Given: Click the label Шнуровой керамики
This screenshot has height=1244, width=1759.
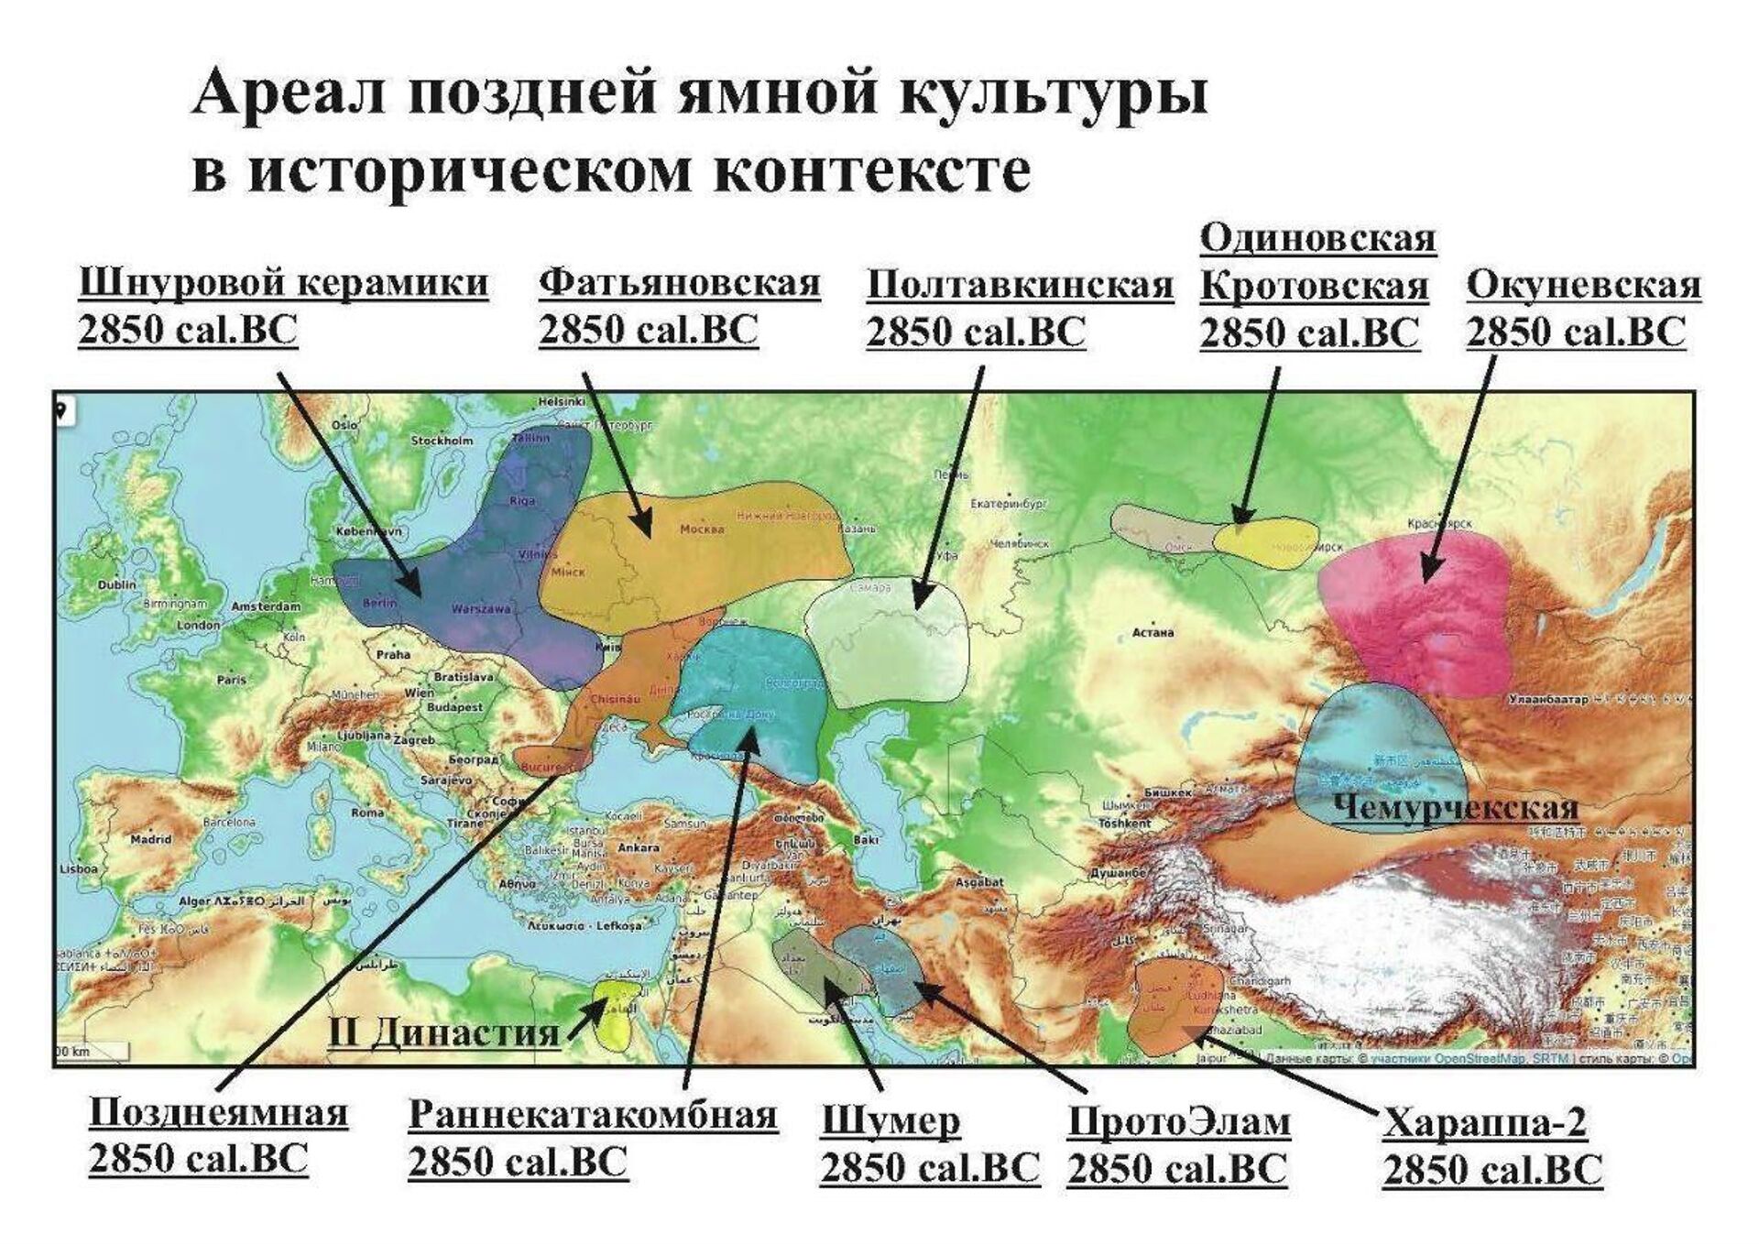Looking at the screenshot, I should click(283, 283).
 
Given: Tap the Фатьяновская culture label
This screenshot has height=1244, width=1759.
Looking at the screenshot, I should click(679, 283).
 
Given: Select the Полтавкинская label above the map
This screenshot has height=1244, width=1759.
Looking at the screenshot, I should click(1020, 286).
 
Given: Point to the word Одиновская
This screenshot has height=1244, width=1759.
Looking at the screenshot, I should click(1317, 239).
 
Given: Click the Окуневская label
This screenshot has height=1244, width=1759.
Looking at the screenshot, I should click(1583, 286).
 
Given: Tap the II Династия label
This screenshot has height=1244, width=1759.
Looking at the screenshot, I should click(444, 1032).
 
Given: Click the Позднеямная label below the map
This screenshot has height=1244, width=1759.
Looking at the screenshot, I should click(218, 1113).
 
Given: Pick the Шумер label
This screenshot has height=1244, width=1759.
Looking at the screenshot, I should click(890, 1121).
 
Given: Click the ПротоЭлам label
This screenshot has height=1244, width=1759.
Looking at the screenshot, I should click(1179, 1122).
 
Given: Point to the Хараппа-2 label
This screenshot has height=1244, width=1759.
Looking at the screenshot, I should click(1484, 1122).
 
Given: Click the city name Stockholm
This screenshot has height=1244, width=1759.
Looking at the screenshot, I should click(442, 441).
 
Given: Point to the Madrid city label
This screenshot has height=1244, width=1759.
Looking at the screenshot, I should click(151, 839).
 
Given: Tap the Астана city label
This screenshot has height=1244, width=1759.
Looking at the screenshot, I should click(1153, 632).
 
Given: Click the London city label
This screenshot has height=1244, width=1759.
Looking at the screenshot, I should click(199, 626).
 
